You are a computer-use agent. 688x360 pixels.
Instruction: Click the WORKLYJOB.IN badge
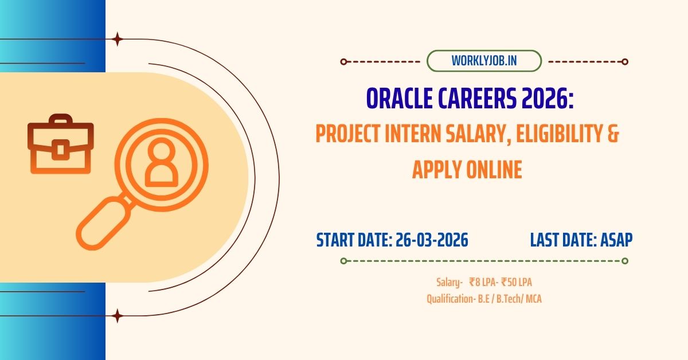[x=484, y=61]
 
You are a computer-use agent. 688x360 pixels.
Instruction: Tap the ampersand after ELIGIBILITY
[x=612, y=135]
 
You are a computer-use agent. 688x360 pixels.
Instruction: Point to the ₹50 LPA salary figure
[x=520, y=282]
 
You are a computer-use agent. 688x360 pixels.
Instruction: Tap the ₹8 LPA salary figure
[x=483, y=282]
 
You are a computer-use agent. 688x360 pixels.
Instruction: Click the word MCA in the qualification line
[x=533, y=299]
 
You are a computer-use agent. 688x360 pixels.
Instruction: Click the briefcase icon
[x=60, y=143]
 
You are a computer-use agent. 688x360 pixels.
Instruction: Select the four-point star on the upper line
[x=118, y=40]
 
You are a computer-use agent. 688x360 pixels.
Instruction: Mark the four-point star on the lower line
[x=118, y=315]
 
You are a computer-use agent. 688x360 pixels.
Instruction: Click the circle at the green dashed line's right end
[x=625, y=261]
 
